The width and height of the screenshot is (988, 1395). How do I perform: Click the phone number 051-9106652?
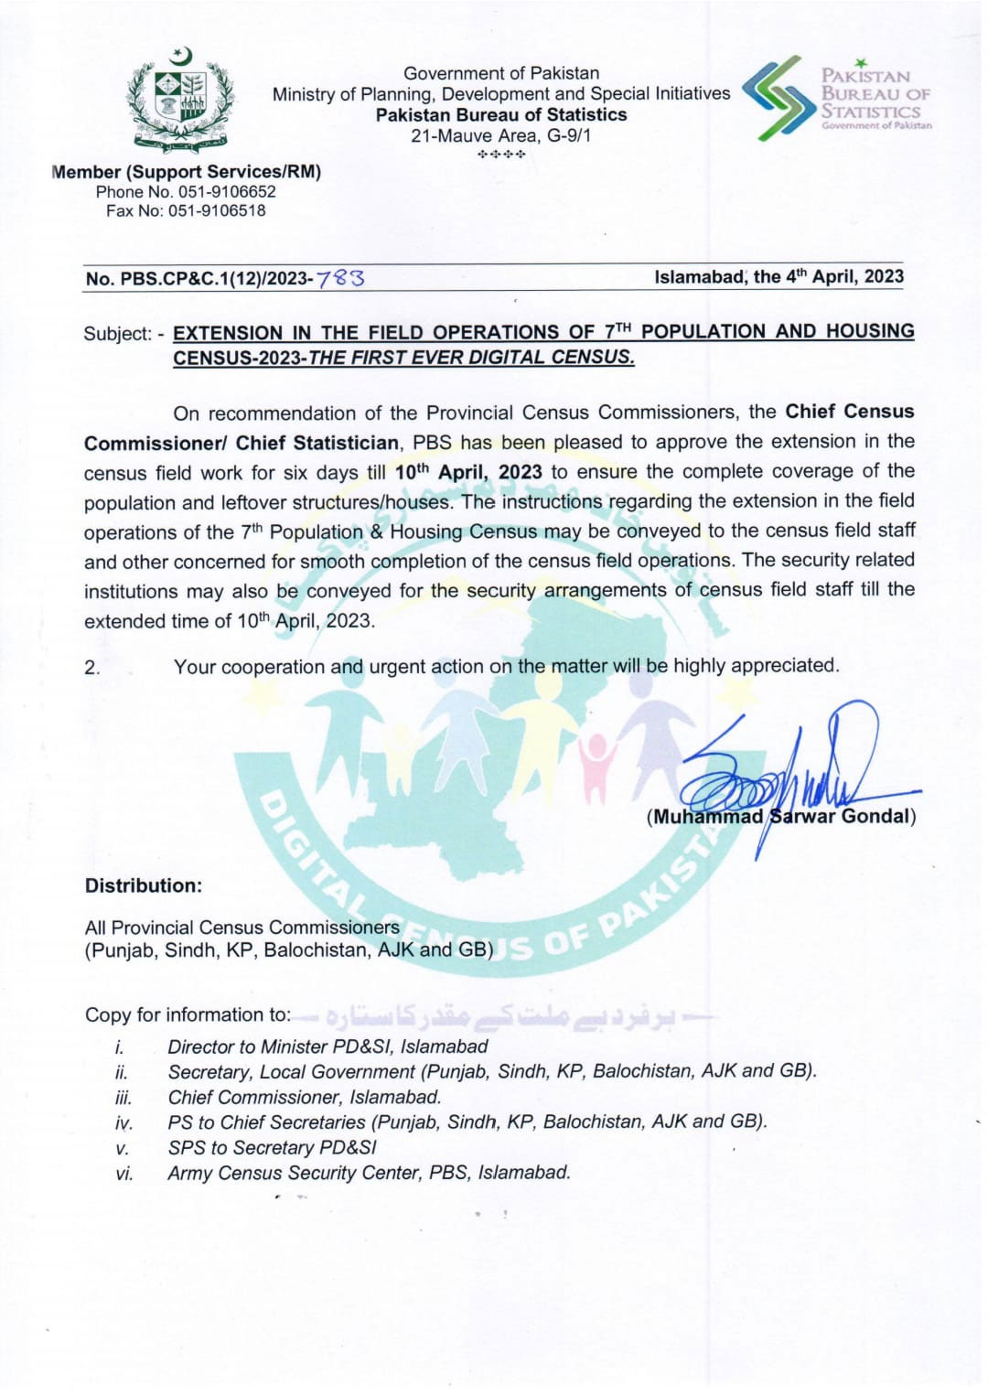pyautogui.click(x=227, y=192)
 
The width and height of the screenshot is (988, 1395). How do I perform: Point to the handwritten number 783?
pyautogui.click(x=340, y=277)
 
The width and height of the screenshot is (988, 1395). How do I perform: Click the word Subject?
pyautogui.click(x=117, y=334)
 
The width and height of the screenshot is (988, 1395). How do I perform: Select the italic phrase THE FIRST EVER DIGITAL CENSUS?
pyautogui.click(x=470, y=358)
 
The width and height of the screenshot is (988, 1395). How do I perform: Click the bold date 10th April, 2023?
pyautogui.click(x=468, y=472)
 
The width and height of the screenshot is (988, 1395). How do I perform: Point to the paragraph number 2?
pyautogui.click(x=91, y=668)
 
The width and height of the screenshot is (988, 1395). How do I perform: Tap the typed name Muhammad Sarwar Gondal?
pyautogui.click(x=781, y=817)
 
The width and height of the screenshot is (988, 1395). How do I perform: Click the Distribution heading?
pyautogui.click(x=144, y=886)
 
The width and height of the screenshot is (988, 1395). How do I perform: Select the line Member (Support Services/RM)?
pyautogui.click(x=188, y=172)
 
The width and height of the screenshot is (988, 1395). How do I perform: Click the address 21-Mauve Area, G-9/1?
pyautogui.click(x=501, y=135)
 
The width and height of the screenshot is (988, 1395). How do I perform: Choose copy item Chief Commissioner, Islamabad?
pyautogui.click(x=305, y=1097)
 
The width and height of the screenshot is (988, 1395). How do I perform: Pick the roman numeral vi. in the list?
pyautogui.click(x=123, y=1174)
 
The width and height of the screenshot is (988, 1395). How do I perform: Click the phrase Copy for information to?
pyautogui.click(x=188, y=1015)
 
